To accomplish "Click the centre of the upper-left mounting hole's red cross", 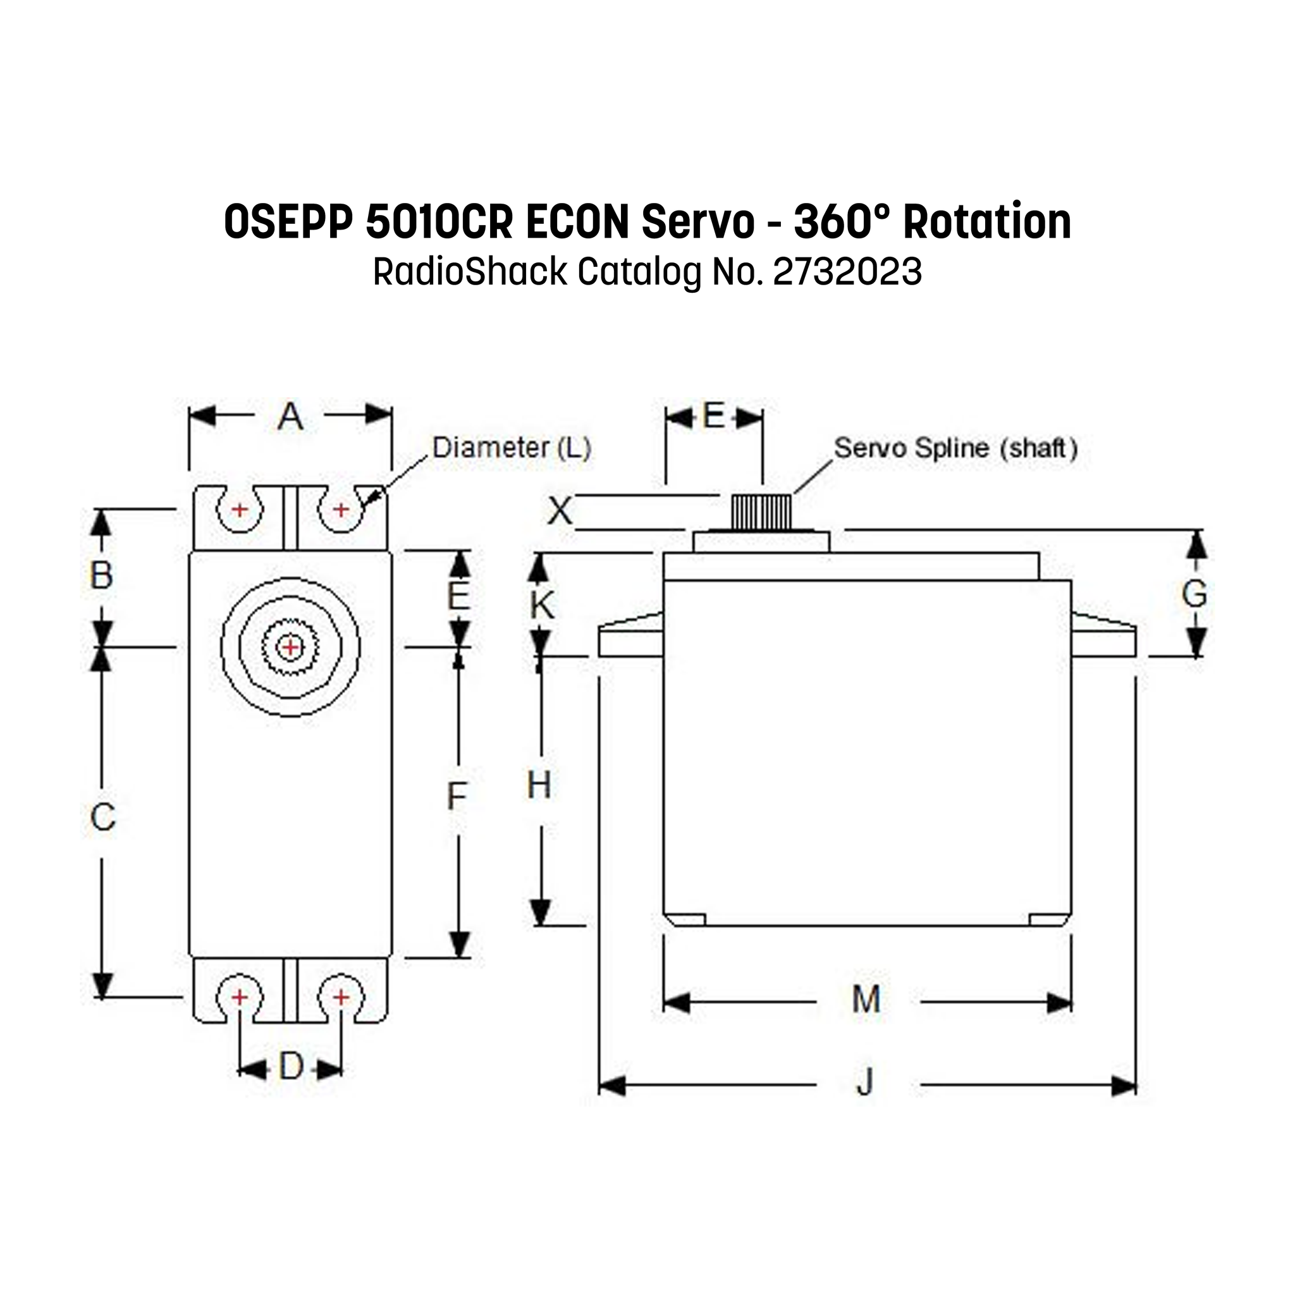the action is pos(239,510).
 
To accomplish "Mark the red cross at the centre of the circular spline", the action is pos(290,647).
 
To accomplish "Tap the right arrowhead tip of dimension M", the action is pos(1071,1003).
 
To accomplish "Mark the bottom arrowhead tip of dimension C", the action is pos(102,998).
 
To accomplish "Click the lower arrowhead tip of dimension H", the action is pos(540,926).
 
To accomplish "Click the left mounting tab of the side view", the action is pos(630,636).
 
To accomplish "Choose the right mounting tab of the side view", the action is pos(1103,636).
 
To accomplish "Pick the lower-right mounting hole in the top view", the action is pos(341,998).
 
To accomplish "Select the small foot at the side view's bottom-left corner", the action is pos(684,919).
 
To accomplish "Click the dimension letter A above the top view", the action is pos(290,417).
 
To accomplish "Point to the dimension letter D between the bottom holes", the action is pos(291,1067).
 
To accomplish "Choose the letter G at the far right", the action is pos(1194,594).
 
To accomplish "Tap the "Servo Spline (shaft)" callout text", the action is pos(956,448).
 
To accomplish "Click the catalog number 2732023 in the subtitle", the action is pos(847,272).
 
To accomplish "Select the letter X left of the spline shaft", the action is pos(560,512).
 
